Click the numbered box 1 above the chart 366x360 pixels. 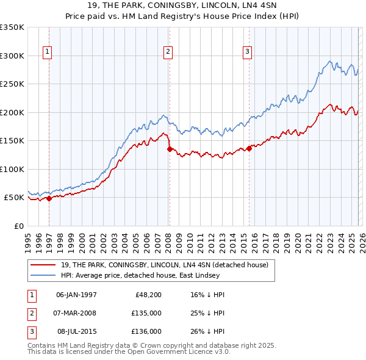pyautogui.click(x=47, y=52)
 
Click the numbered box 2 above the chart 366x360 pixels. pyautogui.click(x=167, y=52)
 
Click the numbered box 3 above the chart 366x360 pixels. pyautogui.click(x=248, y=52)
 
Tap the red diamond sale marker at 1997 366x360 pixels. pyautogui.click(x=49, y=198)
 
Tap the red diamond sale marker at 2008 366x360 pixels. pyautogui.click(x=170, y=149)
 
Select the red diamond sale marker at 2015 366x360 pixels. pyautogui.click(x=249, y=148)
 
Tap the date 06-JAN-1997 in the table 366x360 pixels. pyautogui.click(x=76, y=295)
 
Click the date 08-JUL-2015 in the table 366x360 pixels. pyautogui.click(x=76, y=331)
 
